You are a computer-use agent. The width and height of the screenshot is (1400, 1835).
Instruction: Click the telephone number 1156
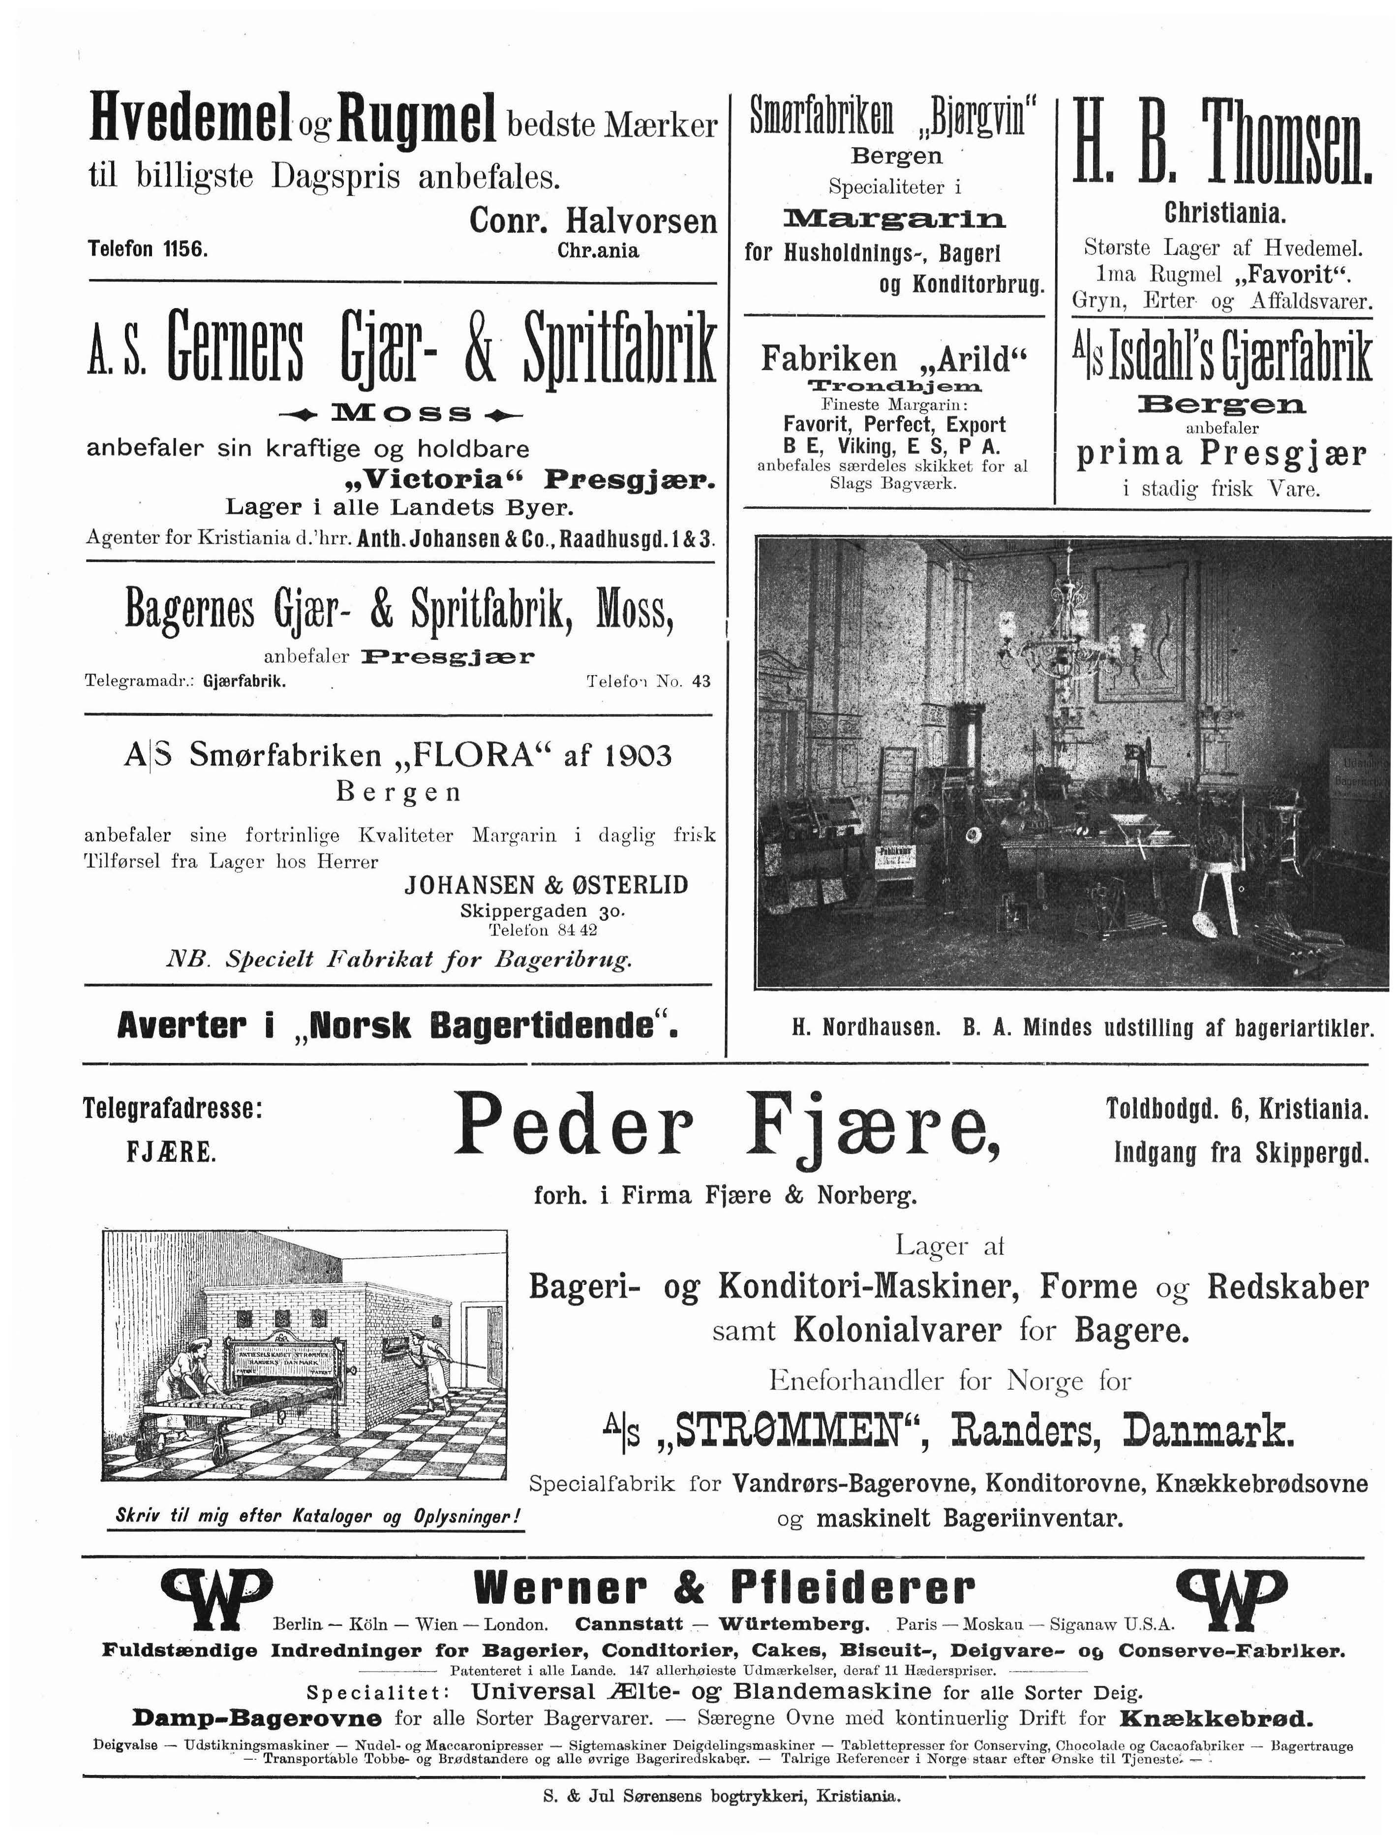coord(185,249)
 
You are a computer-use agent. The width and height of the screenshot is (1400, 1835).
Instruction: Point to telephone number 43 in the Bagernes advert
coord(701,681)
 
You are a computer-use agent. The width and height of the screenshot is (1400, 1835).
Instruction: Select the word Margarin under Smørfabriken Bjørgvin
coord(894,219)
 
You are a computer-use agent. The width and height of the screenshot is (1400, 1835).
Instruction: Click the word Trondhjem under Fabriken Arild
coord(894,386)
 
